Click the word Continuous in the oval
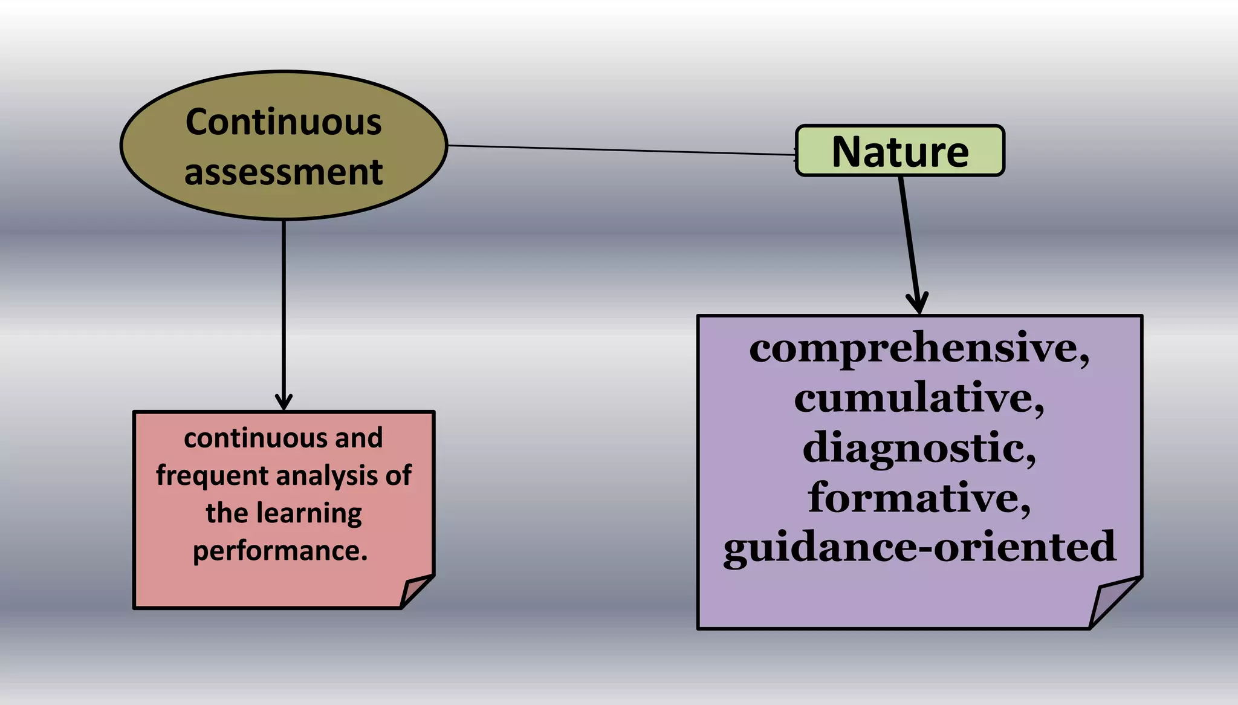coord(283,122)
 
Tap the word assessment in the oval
coord(283,172)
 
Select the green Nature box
coord(899,151)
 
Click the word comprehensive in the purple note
coord(915,348)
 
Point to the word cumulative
coord(915,398)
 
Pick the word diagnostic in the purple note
coord(915,448)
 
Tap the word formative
coord(915,498)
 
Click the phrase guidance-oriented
coord(919,547)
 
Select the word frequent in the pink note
coord(203,476)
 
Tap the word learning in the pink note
coord(309,513)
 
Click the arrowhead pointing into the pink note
coord(284,402)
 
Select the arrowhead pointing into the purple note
coord(917,302)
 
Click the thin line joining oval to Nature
coord(623,150)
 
